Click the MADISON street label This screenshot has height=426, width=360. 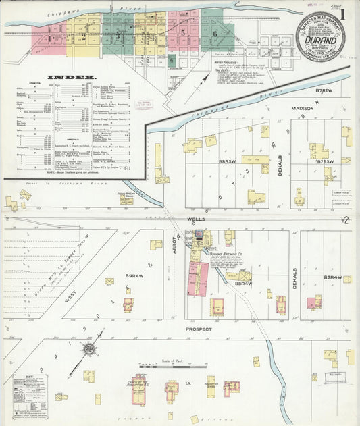303,108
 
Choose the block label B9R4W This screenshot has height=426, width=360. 132,276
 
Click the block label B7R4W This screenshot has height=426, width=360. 332,277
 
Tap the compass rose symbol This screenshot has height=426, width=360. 88,350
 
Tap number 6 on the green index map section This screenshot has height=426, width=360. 215,32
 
